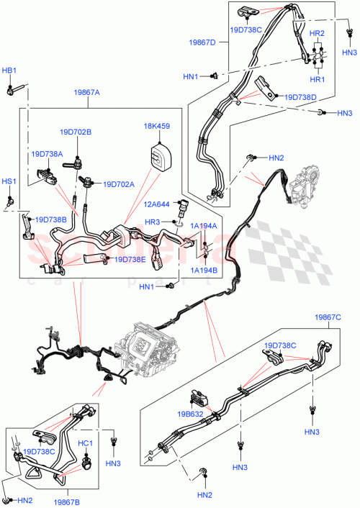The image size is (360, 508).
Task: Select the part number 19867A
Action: (86, 92)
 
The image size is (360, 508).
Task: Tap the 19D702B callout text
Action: (76, 132)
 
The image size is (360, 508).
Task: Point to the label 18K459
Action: (156, 126)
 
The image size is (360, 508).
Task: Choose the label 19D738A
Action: (47, 153)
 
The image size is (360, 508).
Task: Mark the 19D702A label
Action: (119, 184)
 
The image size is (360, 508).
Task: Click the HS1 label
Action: (9, 182)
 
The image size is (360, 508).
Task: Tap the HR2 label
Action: (318, 34)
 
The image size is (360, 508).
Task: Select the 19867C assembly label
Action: (328, 317)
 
